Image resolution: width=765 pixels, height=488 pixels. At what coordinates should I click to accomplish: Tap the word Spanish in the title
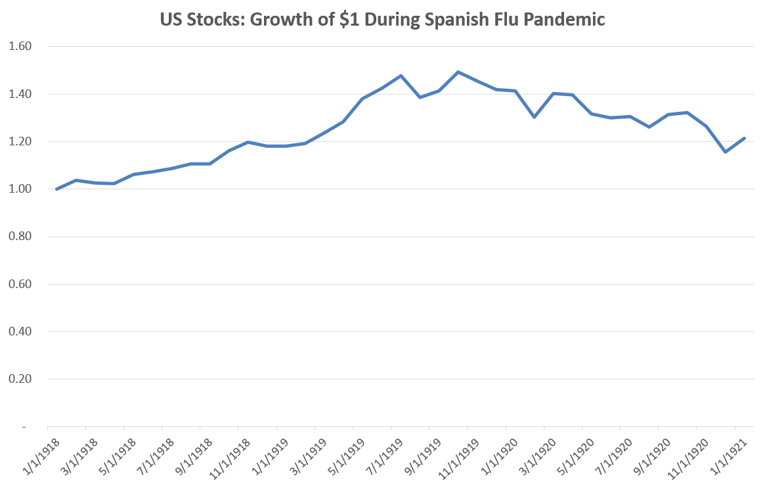click(448, 20)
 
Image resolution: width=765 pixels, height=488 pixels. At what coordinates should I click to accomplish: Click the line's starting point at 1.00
click(57, 189)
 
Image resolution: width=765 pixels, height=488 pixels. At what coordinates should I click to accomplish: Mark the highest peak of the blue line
click(458, 72)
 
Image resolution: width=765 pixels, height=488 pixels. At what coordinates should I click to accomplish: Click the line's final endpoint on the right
click(744, 138)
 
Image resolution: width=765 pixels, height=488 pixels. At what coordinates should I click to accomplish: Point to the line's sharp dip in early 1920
click(535, 117)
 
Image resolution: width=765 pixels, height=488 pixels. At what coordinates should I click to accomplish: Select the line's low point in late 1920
click(725, 152)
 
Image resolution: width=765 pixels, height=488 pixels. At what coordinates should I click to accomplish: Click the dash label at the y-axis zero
click(24, 427)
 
